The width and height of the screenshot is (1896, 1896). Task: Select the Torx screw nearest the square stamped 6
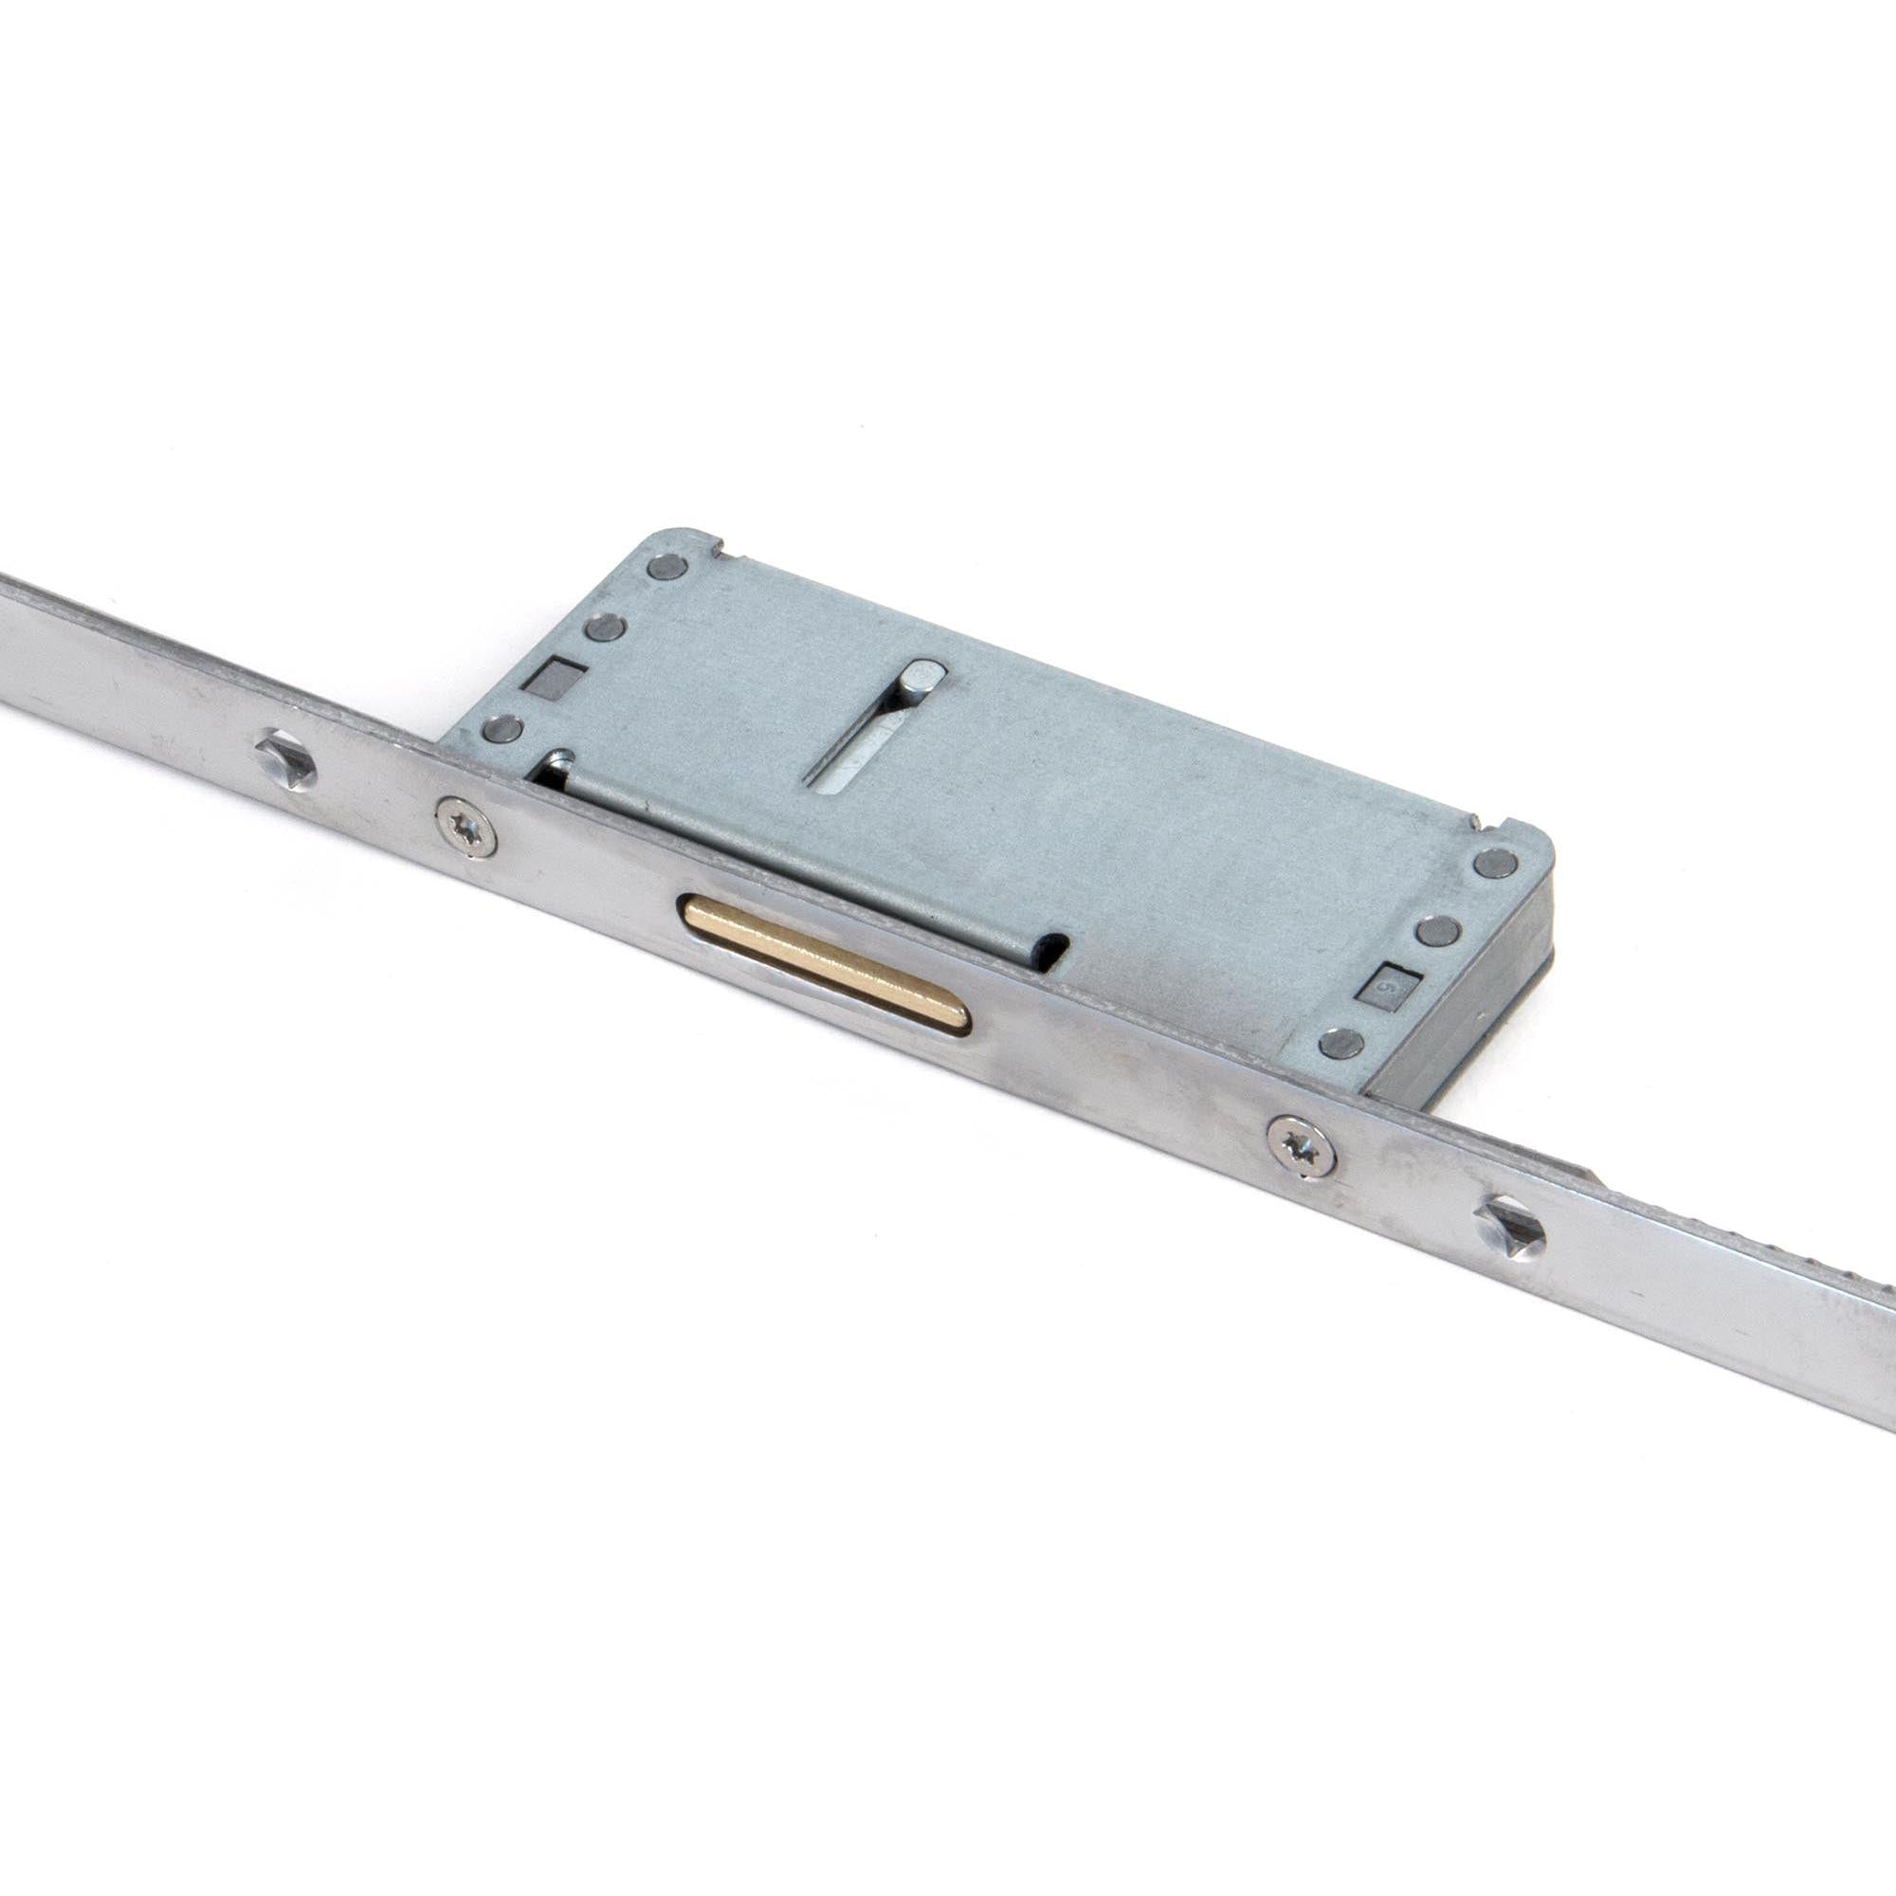(x=1302, y=1144)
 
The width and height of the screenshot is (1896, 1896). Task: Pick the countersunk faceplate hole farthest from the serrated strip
(x=286, y=759)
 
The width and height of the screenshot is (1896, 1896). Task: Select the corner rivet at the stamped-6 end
(x=1496, y=864)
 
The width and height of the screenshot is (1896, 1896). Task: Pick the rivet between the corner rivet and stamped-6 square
(x=1439, y=929)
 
